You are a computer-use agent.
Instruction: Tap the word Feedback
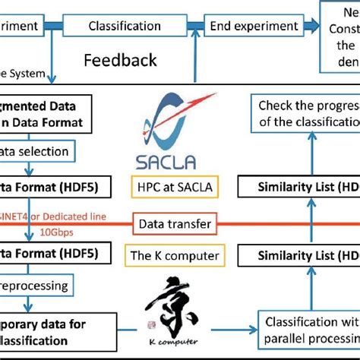click(x=120, y=60)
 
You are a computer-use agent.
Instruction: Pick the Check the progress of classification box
click(x=304, y=115)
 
